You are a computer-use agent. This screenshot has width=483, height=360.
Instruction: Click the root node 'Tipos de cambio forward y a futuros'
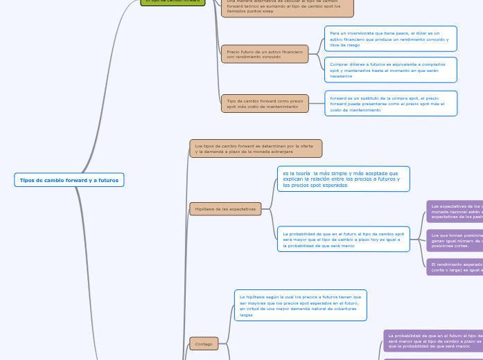pyautogui.click(x=69, y=180)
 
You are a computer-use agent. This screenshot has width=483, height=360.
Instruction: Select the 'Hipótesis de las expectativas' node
pyautogui.click(x=225, y=208)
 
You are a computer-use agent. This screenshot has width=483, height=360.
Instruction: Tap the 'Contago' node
pyautogui.click(x=204, y=343)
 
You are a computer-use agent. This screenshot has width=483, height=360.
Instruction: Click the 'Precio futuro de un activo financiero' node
pyautogui.click(x=265, y=54)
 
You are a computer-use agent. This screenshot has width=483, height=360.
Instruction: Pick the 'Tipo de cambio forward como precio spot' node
pyautogui.click(x=265, y=104)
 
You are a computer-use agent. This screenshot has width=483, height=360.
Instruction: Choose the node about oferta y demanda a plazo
pyautogui.click(x=256, y=149)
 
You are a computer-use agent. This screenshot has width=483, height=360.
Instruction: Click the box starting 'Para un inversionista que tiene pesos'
pyautogui.click(x=390, y=39)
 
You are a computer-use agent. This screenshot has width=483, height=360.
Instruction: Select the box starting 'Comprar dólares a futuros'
pyautogui.click(x=390, y=70)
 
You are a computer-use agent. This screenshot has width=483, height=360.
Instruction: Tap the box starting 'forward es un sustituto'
pyautogui.click(x=390, y=104)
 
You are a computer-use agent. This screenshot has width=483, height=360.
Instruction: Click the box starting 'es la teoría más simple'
pyautogui.click(x=343, y=179)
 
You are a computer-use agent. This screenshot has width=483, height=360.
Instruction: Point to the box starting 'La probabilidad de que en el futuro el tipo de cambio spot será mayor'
pyautogui.click(x=343, y=240)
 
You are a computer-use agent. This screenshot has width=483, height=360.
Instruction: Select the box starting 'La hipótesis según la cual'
pyautogui.click(x=300, y=305)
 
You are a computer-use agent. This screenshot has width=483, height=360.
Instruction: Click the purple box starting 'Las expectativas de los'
pyautogui.click(x=455, y=211)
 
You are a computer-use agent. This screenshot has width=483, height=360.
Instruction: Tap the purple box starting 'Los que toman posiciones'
pyautogui.click(x=455, y=240)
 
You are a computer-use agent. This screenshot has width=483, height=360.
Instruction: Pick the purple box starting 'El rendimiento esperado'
pyautogui.click(x=455, y=267)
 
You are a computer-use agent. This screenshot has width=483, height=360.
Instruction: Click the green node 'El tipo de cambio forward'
pyautogui.click(x=173, y=2)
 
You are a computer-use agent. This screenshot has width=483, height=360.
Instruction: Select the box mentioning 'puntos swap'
pyautogui.click(x=287, y=8)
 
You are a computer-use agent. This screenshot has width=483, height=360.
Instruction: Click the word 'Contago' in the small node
pyautogui.click(x=204, y=344)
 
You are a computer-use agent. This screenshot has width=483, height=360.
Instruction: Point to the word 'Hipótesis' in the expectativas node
pyautogui.click(x=204, y=208)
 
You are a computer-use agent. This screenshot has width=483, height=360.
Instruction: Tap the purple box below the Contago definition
pyautogui.click(x=433, y=340)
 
